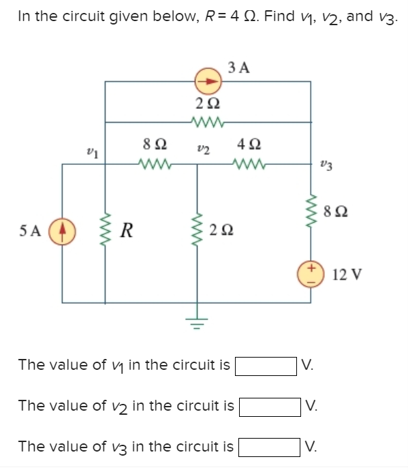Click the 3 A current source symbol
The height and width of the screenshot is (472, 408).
[208, 82]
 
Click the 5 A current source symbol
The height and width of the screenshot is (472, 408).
[63, 227]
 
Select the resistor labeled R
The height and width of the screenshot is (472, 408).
[105, 228]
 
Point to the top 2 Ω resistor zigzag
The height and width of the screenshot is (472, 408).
[207, 122]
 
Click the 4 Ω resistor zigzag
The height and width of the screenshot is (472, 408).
[245, 163]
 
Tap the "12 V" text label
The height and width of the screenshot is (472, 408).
[347, 275]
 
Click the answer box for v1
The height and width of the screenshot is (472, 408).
[266, 365]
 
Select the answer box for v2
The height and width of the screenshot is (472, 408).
[270, 407]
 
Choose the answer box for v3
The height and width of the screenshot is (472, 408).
[270, 447]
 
